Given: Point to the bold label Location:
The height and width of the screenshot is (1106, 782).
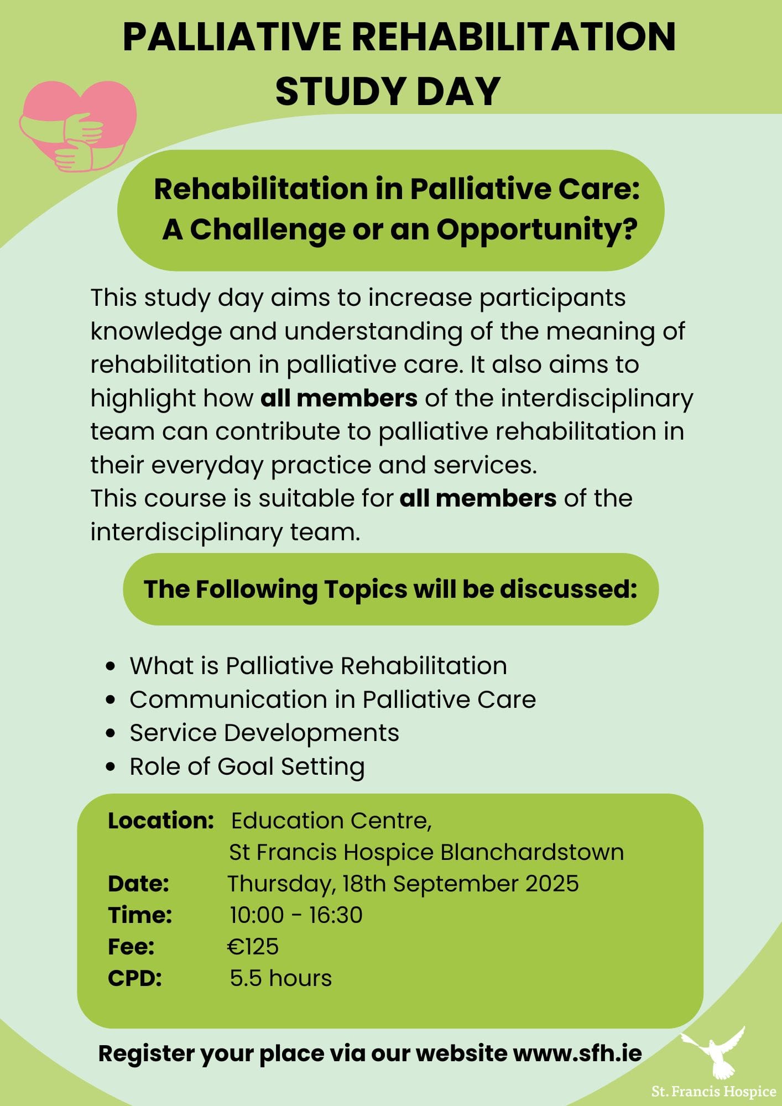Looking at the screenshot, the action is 161,821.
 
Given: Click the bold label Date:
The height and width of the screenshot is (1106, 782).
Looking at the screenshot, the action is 138,884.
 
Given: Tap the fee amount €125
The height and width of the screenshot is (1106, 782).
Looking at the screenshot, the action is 253,947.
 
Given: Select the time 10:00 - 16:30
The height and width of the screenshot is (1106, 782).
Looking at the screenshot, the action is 296,915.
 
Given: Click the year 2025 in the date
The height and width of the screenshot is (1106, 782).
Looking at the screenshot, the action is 552,884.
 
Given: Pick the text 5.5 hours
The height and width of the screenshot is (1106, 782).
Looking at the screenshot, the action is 281,978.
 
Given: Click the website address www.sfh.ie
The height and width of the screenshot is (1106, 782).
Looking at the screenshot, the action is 577,1053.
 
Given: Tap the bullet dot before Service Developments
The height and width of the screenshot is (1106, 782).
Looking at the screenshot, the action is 111,733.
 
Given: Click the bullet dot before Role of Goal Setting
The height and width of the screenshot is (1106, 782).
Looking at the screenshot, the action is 111,767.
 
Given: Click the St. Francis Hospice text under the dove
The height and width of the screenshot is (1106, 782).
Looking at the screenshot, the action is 714,1092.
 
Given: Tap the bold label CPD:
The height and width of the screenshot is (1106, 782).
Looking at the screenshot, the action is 135,978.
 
